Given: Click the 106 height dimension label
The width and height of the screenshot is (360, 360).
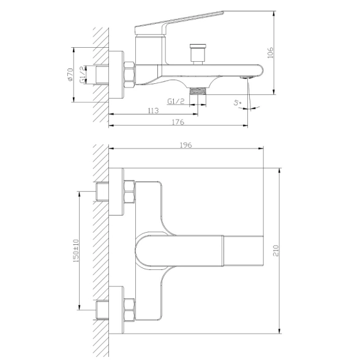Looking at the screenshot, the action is [271, 53].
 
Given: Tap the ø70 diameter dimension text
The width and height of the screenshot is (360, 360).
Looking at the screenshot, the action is [70, 75].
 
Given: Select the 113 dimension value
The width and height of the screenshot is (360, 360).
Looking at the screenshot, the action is [153, 111].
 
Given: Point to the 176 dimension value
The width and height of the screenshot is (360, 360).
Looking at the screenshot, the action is [178, 122].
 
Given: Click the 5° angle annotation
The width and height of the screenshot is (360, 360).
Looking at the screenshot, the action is [238, 102].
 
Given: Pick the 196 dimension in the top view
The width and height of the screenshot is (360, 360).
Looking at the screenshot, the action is [186, 145].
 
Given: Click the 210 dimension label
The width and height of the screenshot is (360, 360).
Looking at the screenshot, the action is [276, 251].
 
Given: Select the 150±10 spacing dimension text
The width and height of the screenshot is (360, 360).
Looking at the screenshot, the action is [76, 251].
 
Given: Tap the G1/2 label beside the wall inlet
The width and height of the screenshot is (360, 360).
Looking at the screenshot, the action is [83, 75].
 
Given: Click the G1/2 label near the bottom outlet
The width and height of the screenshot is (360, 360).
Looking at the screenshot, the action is [176, 101].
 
